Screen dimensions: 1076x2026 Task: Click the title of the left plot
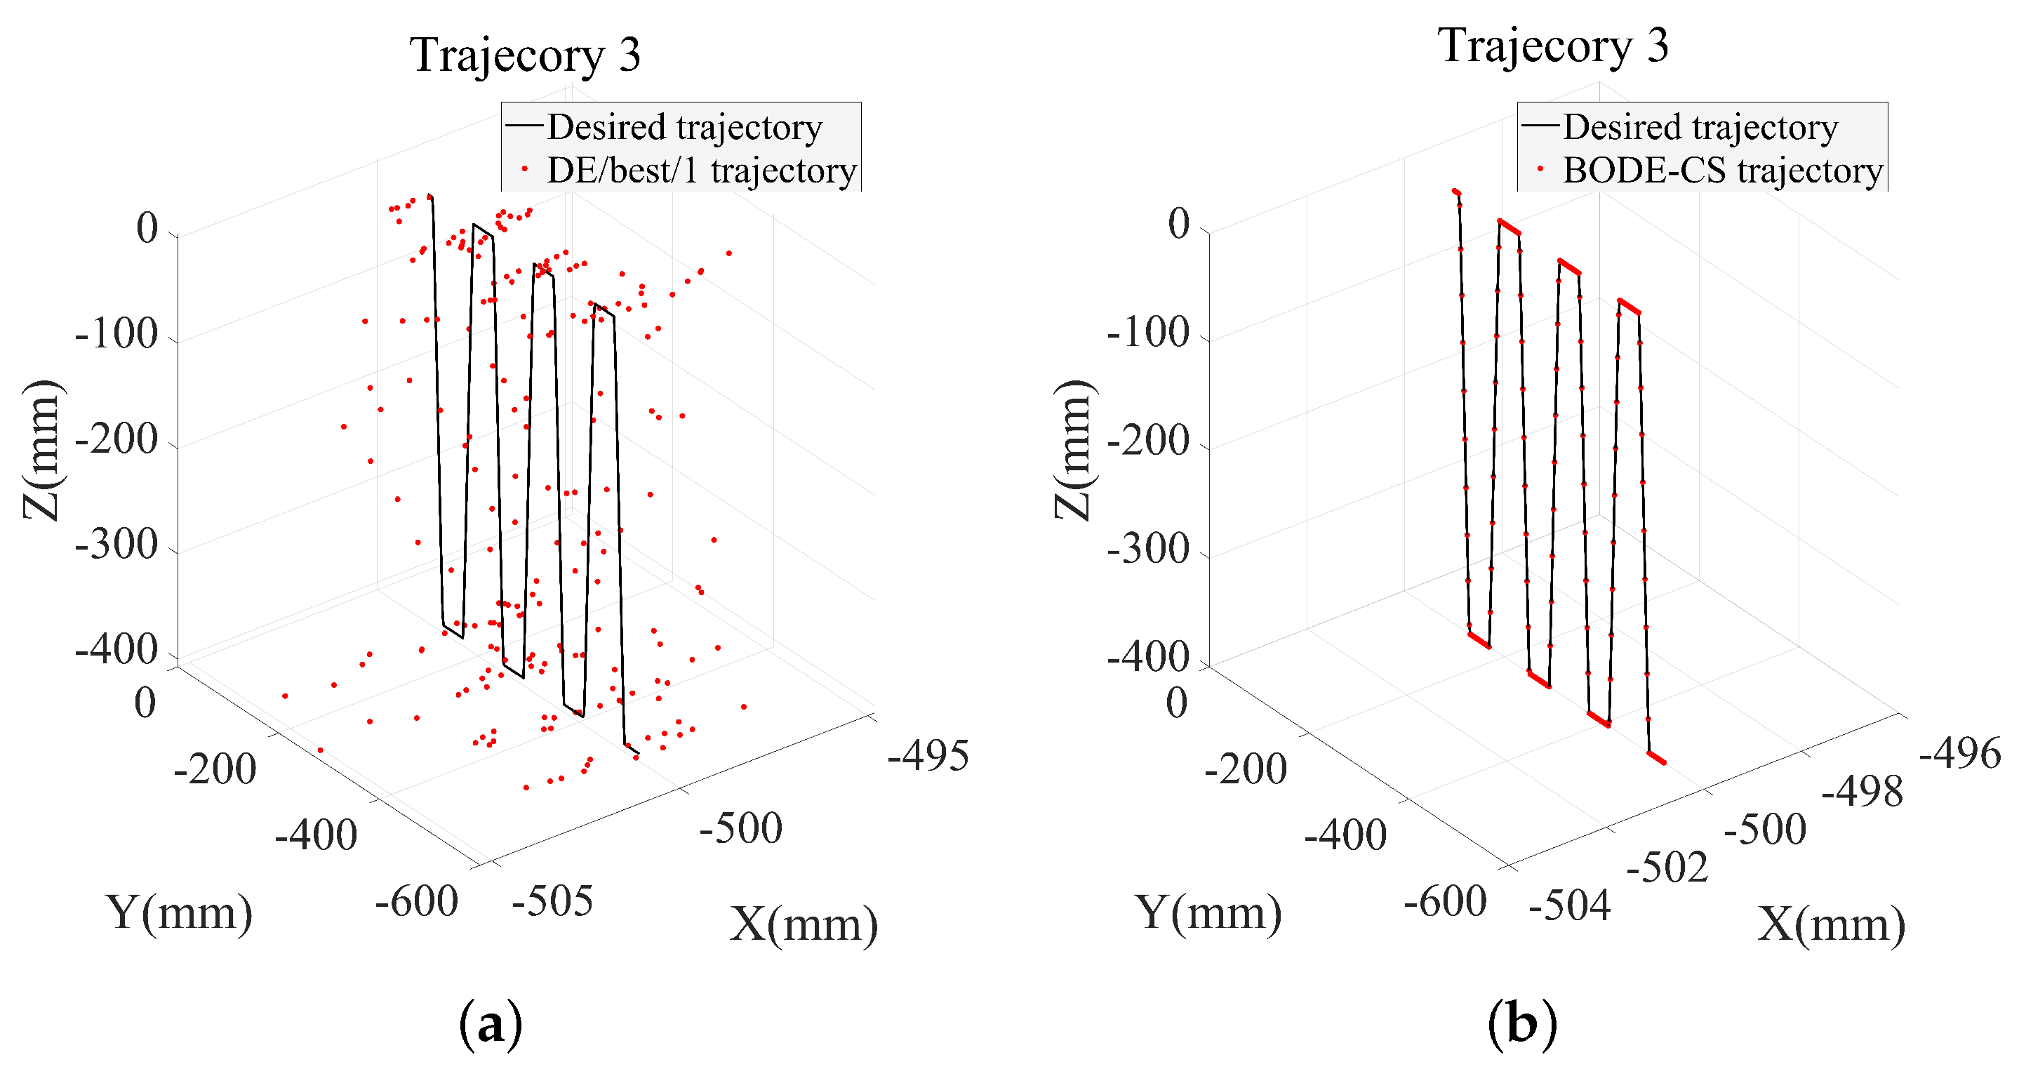coord(525,55)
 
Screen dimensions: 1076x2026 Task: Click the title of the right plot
coord(1552,46)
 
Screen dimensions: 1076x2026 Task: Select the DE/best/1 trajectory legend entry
coord(700,171)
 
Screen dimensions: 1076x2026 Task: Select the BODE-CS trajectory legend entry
coord(1721,171)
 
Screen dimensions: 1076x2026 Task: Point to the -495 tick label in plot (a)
coord(928,756)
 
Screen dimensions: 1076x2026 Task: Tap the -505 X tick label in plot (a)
coord(552,901)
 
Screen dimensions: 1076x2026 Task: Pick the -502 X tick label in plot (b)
coord(1667,868)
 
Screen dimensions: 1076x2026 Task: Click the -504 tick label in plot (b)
coord(1570,905)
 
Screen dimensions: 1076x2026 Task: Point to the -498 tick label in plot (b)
coord(1862,791)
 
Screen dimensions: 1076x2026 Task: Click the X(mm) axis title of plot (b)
coord(1832,925)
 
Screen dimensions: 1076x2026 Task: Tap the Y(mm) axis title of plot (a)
coord(180,913)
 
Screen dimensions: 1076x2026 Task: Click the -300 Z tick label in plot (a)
coord(116,544)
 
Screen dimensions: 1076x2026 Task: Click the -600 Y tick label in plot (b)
coord(1445,901)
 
